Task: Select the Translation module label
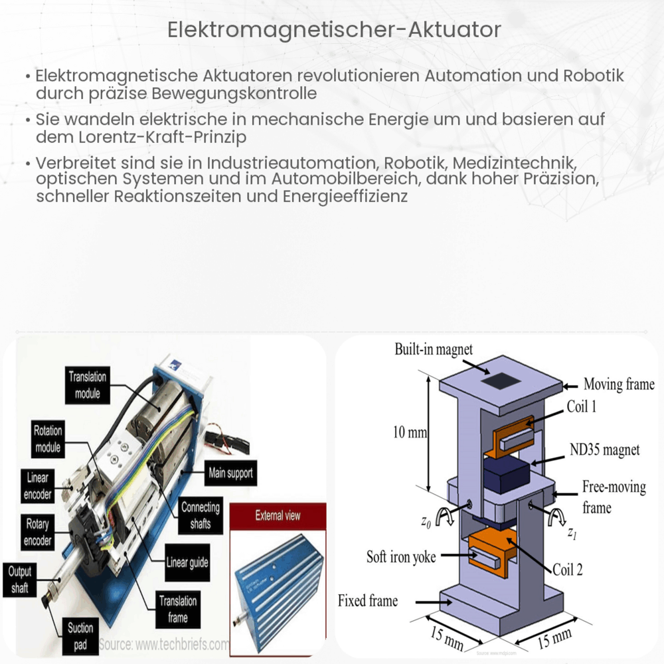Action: [x=87, y=385]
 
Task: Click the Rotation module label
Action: [x=48, y=439]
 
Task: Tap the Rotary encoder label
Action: [x=38, y=533]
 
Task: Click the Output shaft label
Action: [x=20, y=579]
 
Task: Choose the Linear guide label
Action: [x=187, y=563]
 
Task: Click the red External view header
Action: [x=278, y=516]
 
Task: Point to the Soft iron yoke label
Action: [x=401, y=556]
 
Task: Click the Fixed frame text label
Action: [x=367, y=601]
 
